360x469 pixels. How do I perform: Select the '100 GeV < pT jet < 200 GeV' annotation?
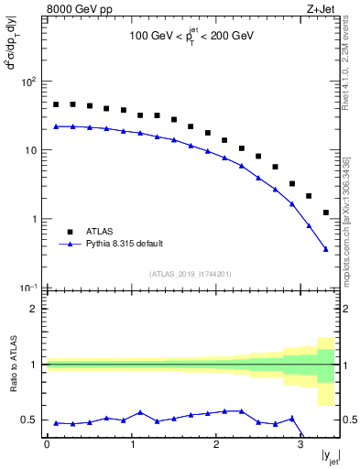(190, 38)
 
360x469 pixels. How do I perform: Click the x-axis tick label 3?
(300, 445)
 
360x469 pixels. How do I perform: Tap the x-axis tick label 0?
(47, 445)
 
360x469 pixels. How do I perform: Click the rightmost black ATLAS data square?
(325, 213)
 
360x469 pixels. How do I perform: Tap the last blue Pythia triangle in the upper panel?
(325, 248)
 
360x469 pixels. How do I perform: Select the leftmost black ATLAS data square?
(56, 104)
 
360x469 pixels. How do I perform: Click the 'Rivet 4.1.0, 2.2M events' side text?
(346, 70)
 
